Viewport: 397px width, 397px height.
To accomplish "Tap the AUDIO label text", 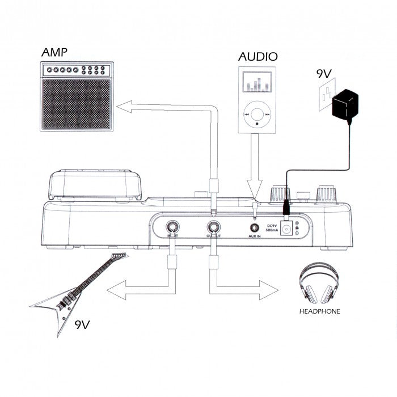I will click(258, 56).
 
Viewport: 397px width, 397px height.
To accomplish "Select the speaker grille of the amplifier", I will click(75, 104).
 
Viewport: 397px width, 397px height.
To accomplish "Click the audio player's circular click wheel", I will click(257, 113).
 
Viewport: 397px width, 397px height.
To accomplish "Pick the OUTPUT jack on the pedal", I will click(214, 229).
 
